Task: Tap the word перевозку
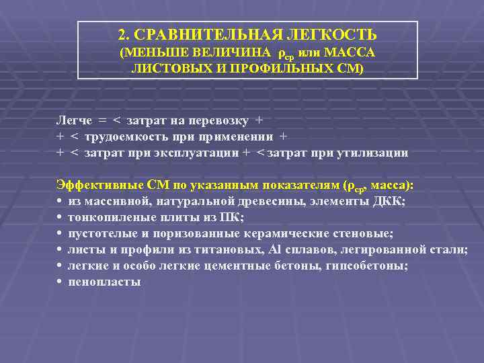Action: (x=219, y=120)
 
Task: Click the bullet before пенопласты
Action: (x=60, y=282)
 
